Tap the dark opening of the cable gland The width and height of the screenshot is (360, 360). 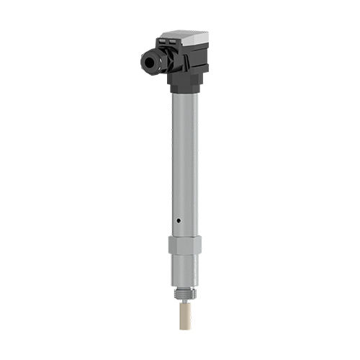point(149,63)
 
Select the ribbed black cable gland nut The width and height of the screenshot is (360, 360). point(155,61)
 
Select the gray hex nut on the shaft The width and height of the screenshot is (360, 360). point(185,246)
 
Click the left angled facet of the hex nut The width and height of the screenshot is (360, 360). point(173,246)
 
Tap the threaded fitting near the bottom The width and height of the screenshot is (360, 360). point(184,294)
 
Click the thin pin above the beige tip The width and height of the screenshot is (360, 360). point(184,302)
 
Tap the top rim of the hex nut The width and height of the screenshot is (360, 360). point(185,237)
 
